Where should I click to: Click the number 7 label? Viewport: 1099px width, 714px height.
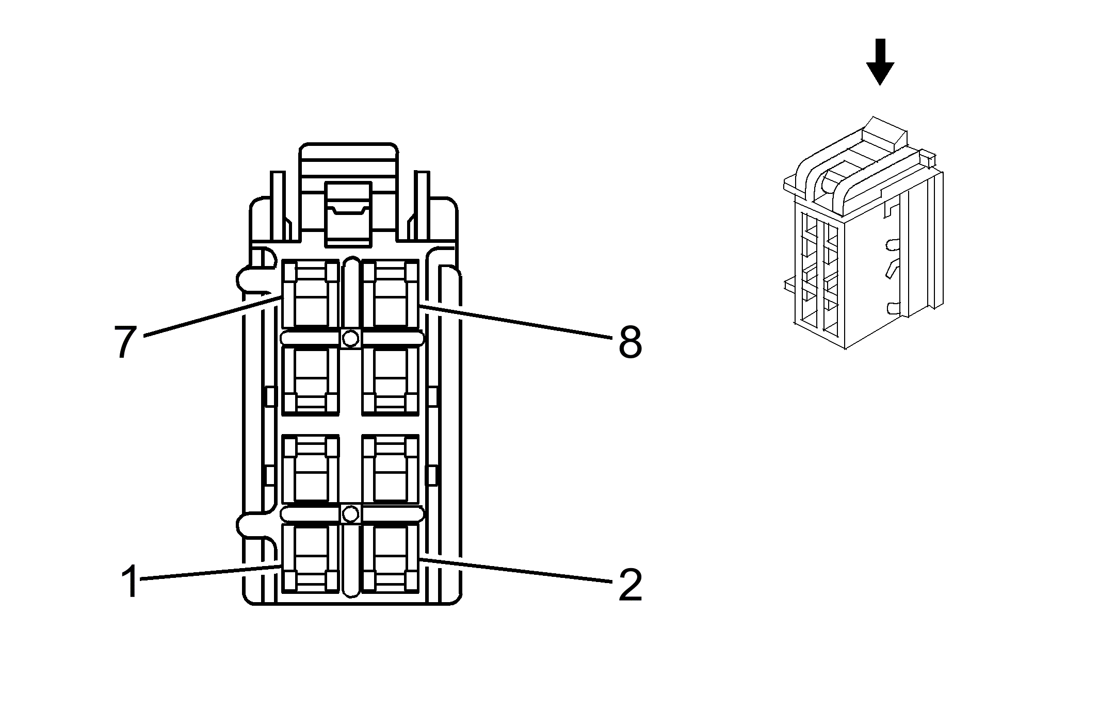click(125, 342)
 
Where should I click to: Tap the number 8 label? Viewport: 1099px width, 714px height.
click(630, 342)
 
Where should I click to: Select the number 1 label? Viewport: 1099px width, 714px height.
click(130, 581)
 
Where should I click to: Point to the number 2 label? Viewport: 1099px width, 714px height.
click(630, 585)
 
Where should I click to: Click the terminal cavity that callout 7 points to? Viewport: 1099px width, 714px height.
click(311, 294)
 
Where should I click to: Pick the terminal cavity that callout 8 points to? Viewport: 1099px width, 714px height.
click(390, 294)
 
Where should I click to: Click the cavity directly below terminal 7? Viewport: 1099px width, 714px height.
click(311, 380)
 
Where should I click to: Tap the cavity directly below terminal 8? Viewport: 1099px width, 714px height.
click(390, 380)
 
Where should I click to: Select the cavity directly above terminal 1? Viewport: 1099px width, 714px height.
click(311, 469)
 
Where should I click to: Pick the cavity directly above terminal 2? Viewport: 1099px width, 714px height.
click(390, 469)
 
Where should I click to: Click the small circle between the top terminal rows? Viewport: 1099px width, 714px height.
click(351, 338)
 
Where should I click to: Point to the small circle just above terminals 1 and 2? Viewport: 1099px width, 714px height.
click(351, 514)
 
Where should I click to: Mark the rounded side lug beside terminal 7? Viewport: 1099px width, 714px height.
click(247, 280)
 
